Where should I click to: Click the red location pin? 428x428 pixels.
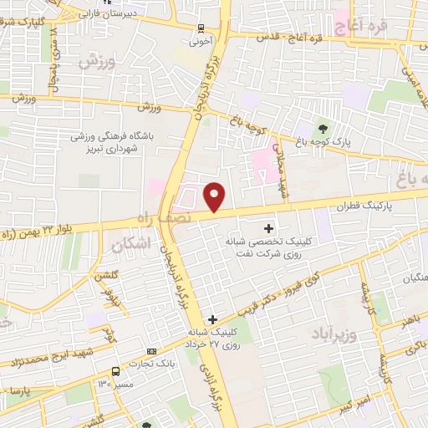[x=215, y=196]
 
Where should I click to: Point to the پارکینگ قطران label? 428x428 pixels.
[x=364, y=204]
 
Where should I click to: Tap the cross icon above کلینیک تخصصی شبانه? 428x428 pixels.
[x=268, y=227]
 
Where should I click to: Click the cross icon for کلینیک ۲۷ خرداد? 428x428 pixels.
[x=212, y=318]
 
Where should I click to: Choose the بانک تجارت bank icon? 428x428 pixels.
[x=151, y=352]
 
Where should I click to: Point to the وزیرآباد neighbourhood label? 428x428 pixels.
[x=334, y=334]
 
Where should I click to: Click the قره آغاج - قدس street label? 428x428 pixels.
[x=293, y=37]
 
